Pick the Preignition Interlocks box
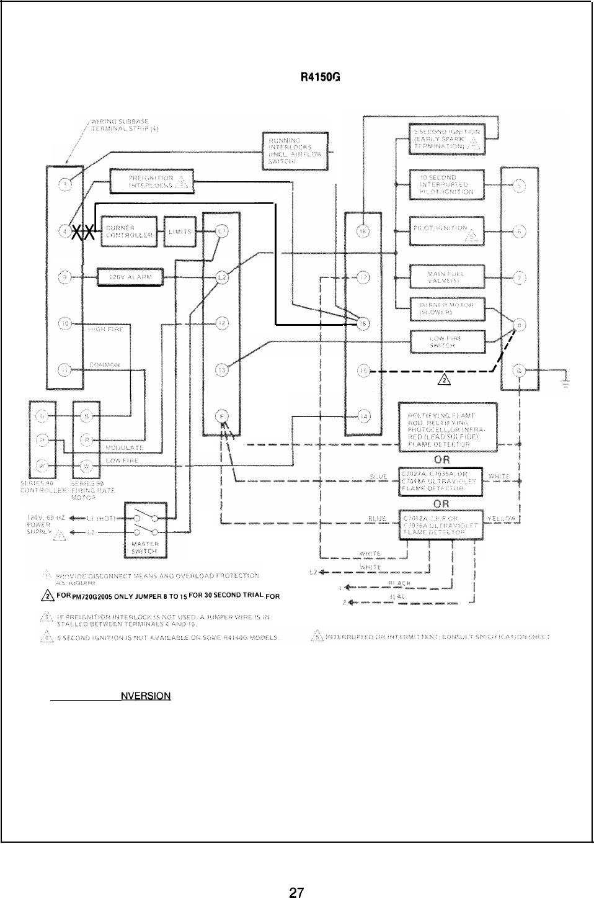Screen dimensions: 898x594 pos(151,181)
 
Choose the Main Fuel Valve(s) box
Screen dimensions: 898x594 pos(446,277)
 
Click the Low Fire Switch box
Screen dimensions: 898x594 pos(448,340)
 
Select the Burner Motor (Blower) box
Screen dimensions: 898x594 pos(446,308)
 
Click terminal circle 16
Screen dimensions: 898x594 pos(363,323)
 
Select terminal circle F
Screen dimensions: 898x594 pos(220,416)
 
